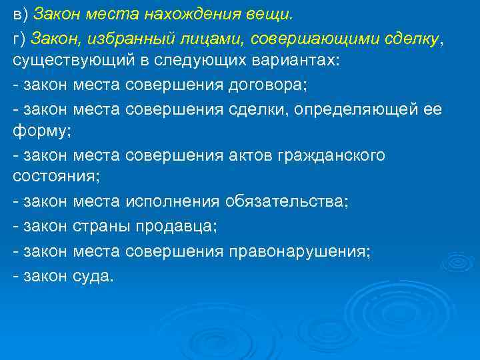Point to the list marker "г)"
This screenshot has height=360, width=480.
[20, 39]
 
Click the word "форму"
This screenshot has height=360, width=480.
[39, 131]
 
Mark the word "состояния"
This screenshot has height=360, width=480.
[54, 177]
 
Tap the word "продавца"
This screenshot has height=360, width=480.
[176, 226]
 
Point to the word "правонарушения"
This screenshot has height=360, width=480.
[300, 251]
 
